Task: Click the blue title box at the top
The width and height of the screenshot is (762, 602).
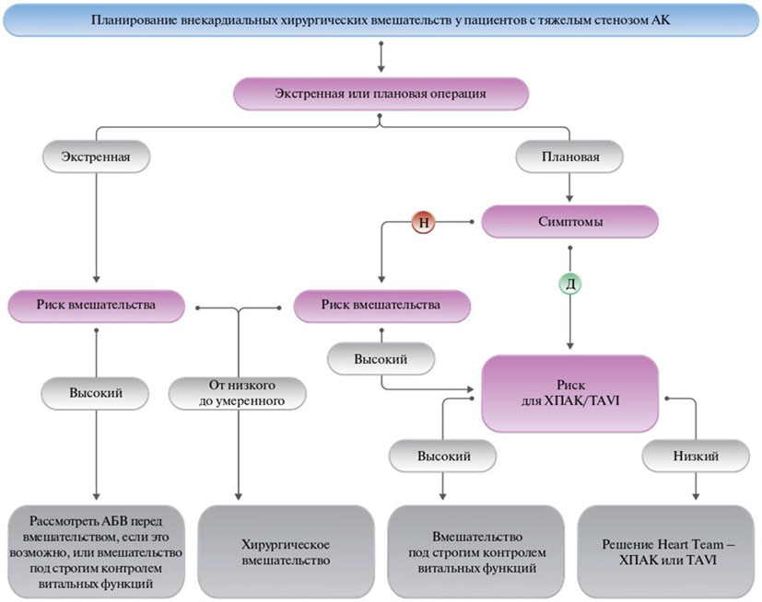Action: pyautogui.click(x=381, y=20)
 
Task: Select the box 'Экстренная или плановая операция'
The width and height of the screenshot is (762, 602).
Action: pyautogui.click(x=381, y=94)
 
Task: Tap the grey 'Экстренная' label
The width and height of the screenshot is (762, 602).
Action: pyautogui.click(x=96, y=156)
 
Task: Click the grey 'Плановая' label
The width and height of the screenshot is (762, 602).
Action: pyautogui.click(x=570, y=156)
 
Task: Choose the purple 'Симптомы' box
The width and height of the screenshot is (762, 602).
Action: pyautogui.click(x=570, y=221)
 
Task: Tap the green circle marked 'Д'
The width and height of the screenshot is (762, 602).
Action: pyautogui.click(x=570, y=283)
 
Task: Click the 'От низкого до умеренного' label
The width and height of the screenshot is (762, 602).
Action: pyautogui.click(x=239, y=392)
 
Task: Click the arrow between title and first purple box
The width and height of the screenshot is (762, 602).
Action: pyautogui.click(x=381, y=56)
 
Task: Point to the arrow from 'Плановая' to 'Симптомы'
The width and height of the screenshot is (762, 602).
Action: pyautogui.click(x=570, y=188)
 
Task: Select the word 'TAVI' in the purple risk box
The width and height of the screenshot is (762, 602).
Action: pyautogui.click(x=599, y=401)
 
